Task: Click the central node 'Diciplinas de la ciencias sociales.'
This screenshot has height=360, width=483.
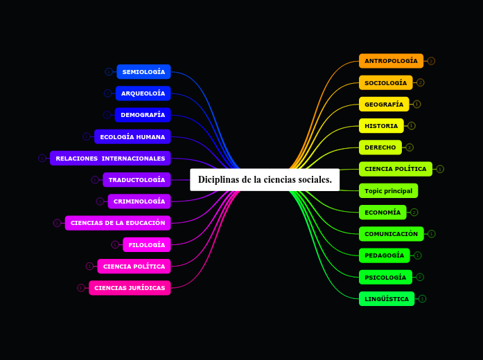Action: [265, 180]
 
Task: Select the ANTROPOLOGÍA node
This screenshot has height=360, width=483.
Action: [391, 61]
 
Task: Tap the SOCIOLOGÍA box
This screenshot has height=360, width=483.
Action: [385, 83]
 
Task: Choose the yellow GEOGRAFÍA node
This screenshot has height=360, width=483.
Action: [384, 105]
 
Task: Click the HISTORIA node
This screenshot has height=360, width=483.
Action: [381, 126]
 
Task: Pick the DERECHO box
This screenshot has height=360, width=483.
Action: [380, 147]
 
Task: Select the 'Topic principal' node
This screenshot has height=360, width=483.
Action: [388, 190]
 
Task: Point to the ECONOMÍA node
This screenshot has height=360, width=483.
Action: [383, 213]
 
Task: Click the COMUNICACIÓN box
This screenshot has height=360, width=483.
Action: [391, 234]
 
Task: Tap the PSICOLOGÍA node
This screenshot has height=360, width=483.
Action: [385, 278]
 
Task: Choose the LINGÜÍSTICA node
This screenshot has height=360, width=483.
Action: [387, 299]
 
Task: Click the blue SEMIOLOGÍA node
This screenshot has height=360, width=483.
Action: [143, 72]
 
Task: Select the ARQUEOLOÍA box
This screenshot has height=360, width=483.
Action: [143, 93]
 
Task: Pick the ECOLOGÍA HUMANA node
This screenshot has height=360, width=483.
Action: [132, 137]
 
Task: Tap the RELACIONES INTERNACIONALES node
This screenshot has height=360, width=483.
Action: [110, 159]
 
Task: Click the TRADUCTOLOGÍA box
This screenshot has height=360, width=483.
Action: [137, 180]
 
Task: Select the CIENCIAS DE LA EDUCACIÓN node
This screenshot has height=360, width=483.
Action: [118, 223]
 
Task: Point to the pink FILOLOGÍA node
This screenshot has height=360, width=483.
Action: [146, 245]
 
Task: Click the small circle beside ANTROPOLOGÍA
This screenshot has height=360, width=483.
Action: [431, 61]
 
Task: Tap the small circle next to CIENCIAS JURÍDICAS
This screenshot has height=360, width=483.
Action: [81, 288]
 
